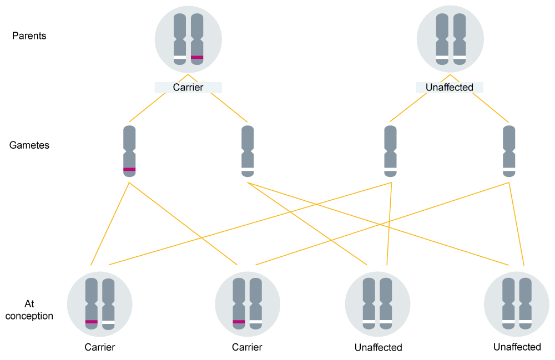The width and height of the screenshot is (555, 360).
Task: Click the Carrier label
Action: pos(188,88)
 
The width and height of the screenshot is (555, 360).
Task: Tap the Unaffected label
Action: pos(449,88)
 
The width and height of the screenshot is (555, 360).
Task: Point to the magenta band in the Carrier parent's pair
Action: pos(197,57)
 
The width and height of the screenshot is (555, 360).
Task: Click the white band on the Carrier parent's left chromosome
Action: pos(179,59)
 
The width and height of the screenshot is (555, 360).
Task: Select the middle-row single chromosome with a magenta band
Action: pos(129,151)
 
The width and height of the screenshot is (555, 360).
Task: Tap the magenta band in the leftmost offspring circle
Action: pos(92,322)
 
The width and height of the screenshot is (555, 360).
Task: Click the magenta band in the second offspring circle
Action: pos(239,322)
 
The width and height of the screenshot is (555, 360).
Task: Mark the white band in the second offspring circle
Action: pos(256,322)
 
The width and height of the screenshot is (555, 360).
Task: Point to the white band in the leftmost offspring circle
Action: pos(109,322)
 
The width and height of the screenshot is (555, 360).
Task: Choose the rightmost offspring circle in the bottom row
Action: pos(516,304)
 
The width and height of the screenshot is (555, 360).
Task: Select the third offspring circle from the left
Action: pos(377,304)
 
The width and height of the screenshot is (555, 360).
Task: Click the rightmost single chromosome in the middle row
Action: pos(509,151)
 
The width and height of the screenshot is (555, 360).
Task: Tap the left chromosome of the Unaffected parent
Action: pos(442,39)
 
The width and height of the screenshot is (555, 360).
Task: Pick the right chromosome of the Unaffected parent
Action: pos(459,39)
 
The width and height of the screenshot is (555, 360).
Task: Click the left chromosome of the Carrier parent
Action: pos(179,39)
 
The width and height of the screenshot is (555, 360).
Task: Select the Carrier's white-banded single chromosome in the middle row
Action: pos(248,151)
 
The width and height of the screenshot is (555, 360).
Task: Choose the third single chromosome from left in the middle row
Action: pos(391,151)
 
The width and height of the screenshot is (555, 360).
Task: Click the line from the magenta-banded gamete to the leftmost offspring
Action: pos(110,222)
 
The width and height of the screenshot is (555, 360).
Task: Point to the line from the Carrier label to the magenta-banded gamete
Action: pos(147,107)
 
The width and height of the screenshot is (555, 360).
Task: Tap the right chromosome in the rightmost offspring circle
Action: pos(525,305)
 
